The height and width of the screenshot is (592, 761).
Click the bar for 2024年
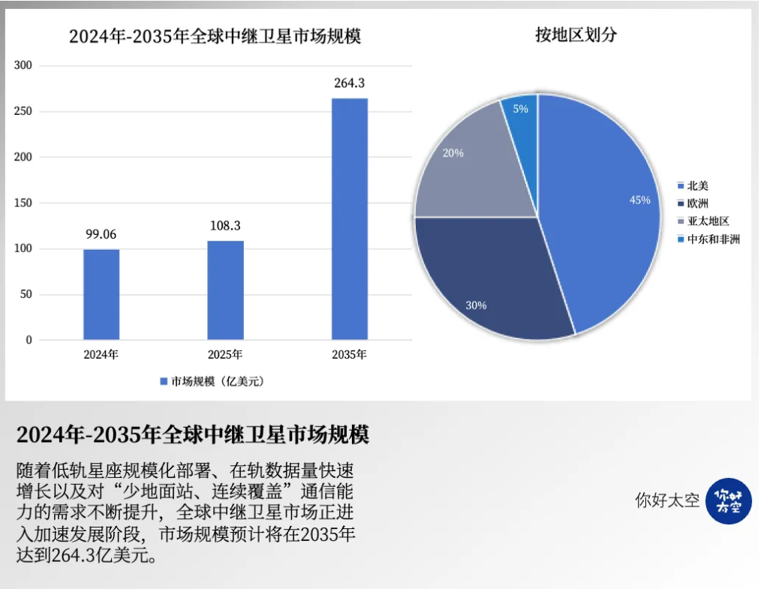(101, 294)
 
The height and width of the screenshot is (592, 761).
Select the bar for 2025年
(225, 290)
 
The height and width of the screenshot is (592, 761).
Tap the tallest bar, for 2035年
(350, 218)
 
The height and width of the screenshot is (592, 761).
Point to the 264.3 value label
(350, 83)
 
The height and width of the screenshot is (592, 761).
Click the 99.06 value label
(101, 234)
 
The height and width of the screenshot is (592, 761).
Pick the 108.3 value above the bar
(225, 225)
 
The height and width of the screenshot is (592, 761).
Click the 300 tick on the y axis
(24, 66)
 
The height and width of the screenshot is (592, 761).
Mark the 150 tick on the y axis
(24, 203)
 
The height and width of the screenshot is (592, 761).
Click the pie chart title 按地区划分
(576, 35)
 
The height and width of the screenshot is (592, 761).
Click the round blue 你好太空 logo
(728, 500)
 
